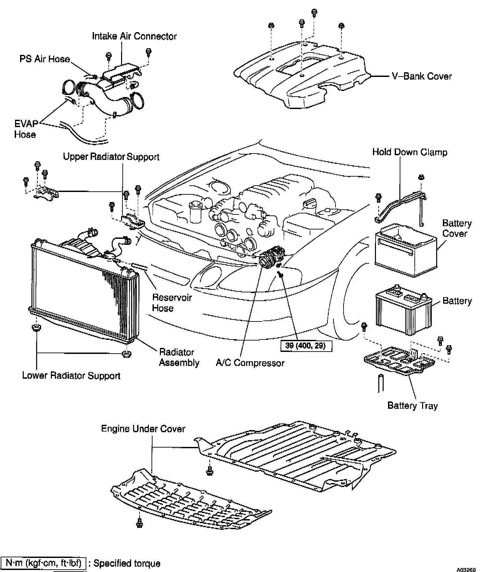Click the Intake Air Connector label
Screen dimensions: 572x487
pos(134,36)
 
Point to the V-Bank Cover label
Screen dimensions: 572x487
pos(421,76)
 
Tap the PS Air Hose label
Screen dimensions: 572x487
pos(45,59)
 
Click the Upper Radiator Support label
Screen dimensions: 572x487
pos(111,157)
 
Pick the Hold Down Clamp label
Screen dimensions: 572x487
pos(410,152)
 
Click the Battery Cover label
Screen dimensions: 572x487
pos(457,228)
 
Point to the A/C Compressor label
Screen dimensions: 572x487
pos(250,363)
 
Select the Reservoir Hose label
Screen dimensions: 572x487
pos(172,303)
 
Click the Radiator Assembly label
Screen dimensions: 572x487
pos(179,357)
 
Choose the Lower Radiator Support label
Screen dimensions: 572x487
pos(71,376)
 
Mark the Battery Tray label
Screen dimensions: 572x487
pos(412,406)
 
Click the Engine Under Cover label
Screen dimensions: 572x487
pos(143,429)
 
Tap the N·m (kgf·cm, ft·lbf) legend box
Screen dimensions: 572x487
pos(44,563)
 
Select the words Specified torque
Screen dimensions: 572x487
pos(127,563)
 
